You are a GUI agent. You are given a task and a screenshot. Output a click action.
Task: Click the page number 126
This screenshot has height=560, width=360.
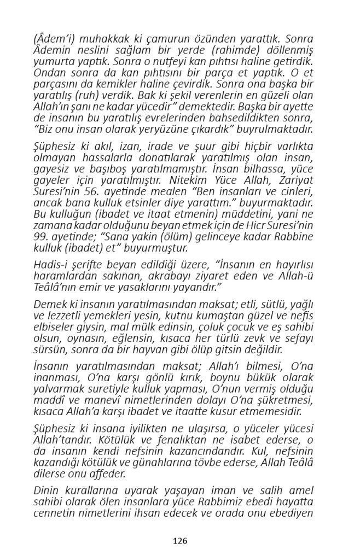coord(180,541)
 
